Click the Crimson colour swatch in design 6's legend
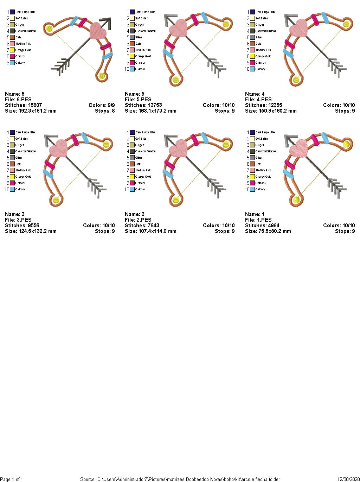pos(12,56)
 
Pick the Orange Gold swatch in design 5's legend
pos(132,56)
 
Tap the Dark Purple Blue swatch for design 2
pos(132,132)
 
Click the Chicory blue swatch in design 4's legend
pos(252,69)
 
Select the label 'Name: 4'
pos(255,94)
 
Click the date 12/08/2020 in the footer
pos(348,479)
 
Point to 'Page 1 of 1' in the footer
pos(12,479)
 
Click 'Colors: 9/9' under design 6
pos(102,105)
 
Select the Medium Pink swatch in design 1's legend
pos(252,170)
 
